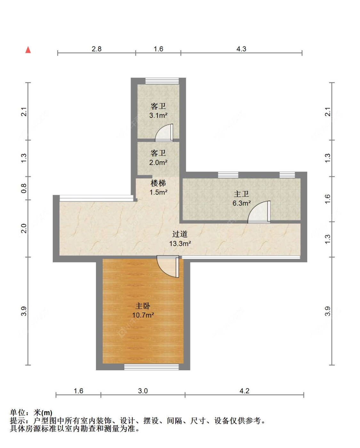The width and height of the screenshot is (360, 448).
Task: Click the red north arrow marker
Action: pos(28,50)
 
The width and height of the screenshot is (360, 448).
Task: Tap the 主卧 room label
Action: pos(143,306)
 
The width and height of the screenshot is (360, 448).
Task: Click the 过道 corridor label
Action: pos(180,234)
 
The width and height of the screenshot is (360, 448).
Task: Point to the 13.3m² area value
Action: pos(180,244)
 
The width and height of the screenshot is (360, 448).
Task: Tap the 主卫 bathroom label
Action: pos(241,194)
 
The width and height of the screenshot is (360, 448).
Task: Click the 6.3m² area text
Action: pos(242,203)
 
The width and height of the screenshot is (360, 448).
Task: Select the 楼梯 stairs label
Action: pos(158,183)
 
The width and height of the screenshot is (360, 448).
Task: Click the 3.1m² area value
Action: pos(158,115)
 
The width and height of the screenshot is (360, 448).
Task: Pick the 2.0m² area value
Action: pos(158,162)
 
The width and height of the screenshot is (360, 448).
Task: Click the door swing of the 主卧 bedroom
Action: pos(168,267)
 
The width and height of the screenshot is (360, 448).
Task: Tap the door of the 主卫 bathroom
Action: pos(259,212)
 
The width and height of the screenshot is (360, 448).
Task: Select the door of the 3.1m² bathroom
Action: pos(164,133)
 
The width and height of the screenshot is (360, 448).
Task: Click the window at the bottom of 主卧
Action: pos(151,367)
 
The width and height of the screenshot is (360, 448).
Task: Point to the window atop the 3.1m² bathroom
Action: pos(162,81)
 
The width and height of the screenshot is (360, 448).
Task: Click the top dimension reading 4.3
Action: pos(241,49)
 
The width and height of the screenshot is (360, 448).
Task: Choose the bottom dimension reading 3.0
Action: pos(143,391)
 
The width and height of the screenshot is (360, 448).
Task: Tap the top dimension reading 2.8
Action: pos(97,49)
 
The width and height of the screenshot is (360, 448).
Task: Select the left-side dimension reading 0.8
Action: pos(24,188)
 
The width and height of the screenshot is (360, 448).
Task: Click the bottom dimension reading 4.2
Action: pos(244,391)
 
